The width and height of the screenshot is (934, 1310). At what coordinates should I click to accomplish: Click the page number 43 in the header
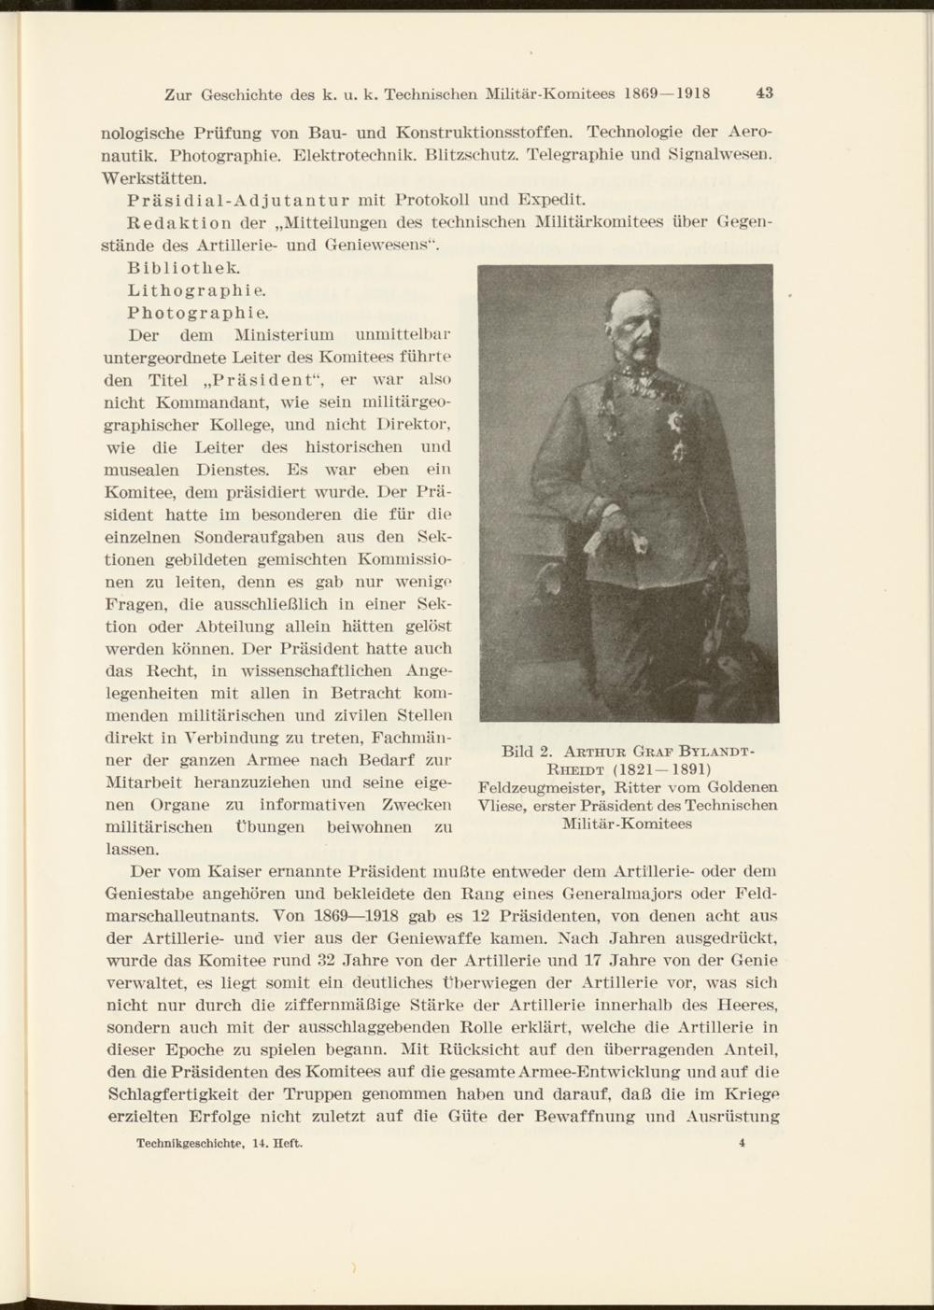pos(765,93)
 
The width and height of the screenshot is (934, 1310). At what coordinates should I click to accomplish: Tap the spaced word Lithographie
pos(183,289)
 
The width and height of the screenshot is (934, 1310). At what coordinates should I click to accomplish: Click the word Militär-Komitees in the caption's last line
pos(627,824)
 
